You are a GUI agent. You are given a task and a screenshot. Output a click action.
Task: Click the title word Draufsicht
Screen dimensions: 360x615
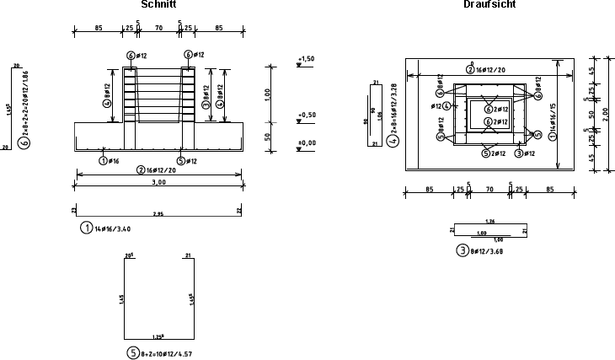(490, 5)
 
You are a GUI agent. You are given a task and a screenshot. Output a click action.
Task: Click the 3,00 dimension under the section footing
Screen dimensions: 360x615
(159, 182)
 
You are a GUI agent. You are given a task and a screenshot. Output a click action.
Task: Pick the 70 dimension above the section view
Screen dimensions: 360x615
(159, 27)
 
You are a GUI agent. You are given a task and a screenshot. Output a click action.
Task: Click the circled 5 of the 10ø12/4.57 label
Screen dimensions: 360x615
(132, 353)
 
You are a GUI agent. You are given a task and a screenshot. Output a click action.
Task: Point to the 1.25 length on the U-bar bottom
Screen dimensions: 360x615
(159, 336)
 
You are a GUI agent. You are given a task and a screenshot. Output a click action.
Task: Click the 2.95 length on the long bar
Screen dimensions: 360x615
(158, 214)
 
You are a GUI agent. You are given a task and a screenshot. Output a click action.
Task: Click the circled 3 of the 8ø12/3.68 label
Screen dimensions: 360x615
(462, 250)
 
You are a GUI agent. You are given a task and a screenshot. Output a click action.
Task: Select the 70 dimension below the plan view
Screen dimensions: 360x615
(489, 188)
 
